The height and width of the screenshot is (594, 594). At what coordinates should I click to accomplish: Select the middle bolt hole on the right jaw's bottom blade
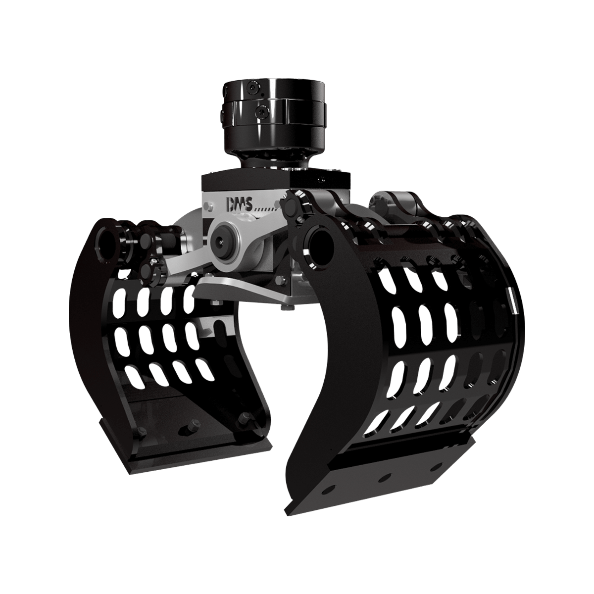[x=382, y=478]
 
